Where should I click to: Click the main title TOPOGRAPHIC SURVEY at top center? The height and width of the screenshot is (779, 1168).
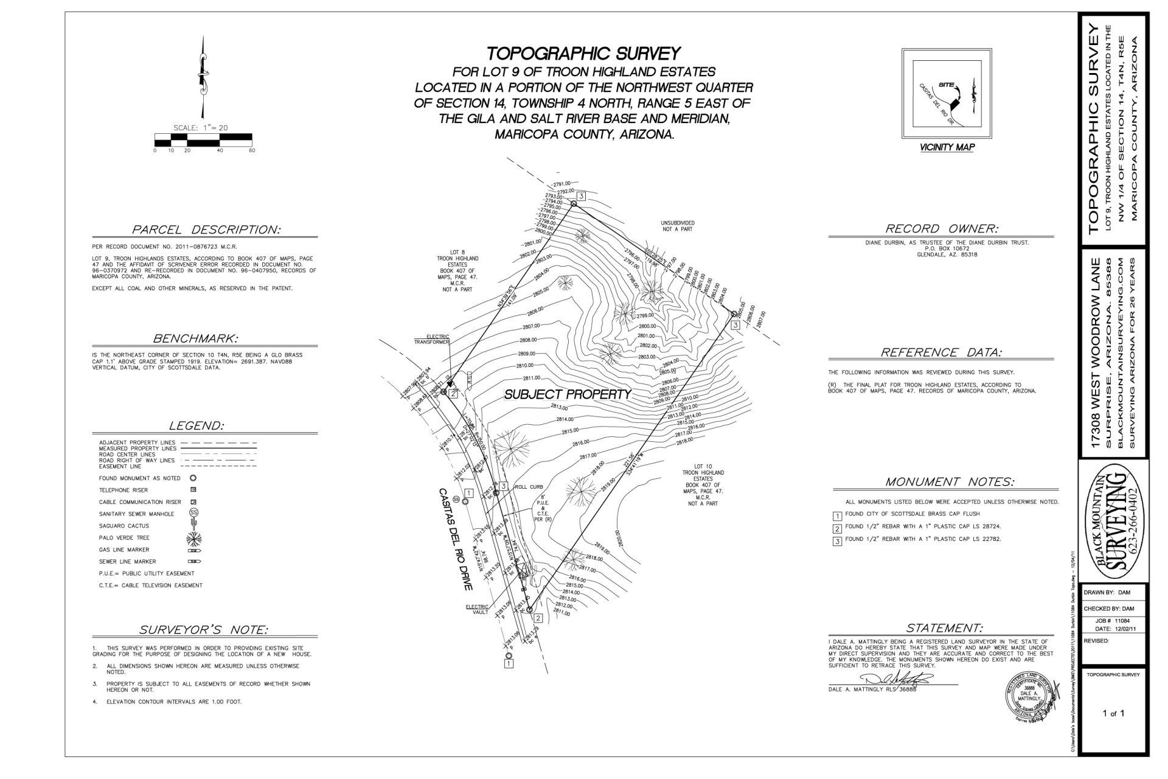click(x=583, y=54)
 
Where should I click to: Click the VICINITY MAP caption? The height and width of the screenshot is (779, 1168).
click(x=947, y=147)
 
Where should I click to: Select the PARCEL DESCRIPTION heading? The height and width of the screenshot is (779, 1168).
click(x=206, y=230)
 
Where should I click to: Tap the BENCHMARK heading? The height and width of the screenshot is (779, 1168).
click(x=195, y=338)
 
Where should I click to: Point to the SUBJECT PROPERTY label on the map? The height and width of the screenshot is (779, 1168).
click(x=568, y=394)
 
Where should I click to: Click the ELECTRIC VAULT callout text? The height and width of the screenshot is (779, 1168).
click(x=477, y=609)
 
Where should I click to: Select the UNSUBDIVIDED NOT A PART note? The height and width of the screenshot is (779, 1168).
click(x=678, y=226)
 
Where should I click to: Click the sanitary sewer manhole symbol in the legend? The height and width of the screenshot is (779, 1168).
click(x=194, y=513)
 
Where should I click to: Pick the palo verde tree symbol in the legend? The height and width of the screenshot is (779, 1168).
click(x=194, y=537)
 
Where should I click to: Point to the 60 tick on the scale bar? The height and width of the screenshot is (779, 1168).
click(x=252, y=150)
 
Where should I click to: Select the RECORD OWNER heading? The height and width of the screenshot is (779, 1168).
click(x=941, y=229)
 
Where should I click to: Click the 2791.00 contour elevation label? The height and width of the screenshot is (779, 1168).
click(x=561, y=183)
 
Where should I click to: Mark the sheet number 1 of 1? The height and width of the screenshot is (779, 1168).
click(x=1113, y=713)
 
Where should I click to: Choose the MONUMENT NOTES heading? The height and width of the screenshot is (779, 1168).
click(x=950, y=482)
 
